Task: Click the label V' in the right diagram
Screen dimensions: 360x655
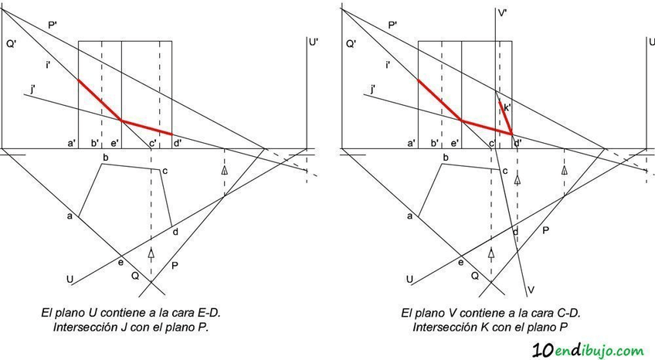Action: point(502,13)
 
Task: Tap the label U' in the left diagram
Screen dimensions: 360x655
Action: point(314,43)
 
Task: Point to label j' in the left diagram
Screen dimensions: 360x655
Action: point(32,90)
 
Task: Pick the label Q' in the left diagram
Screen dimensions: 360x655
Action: point(11,44)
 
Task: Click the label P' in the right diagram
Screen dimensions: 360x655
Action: point(392,25)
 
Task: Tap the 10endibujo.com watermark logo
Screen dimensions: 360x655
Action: point(589,349)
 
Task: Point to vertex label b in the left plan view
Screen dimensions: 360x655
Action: point(105,158)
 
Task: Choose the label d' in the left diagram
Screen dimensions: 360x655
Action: point(178,143)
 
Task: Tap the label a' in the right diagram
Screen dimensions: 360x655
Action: point(411,143)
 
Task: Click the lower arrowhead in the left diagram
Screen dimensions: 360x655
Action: point(151,253)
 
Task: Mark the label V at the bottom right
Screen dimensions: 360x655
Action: point(531,290)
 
